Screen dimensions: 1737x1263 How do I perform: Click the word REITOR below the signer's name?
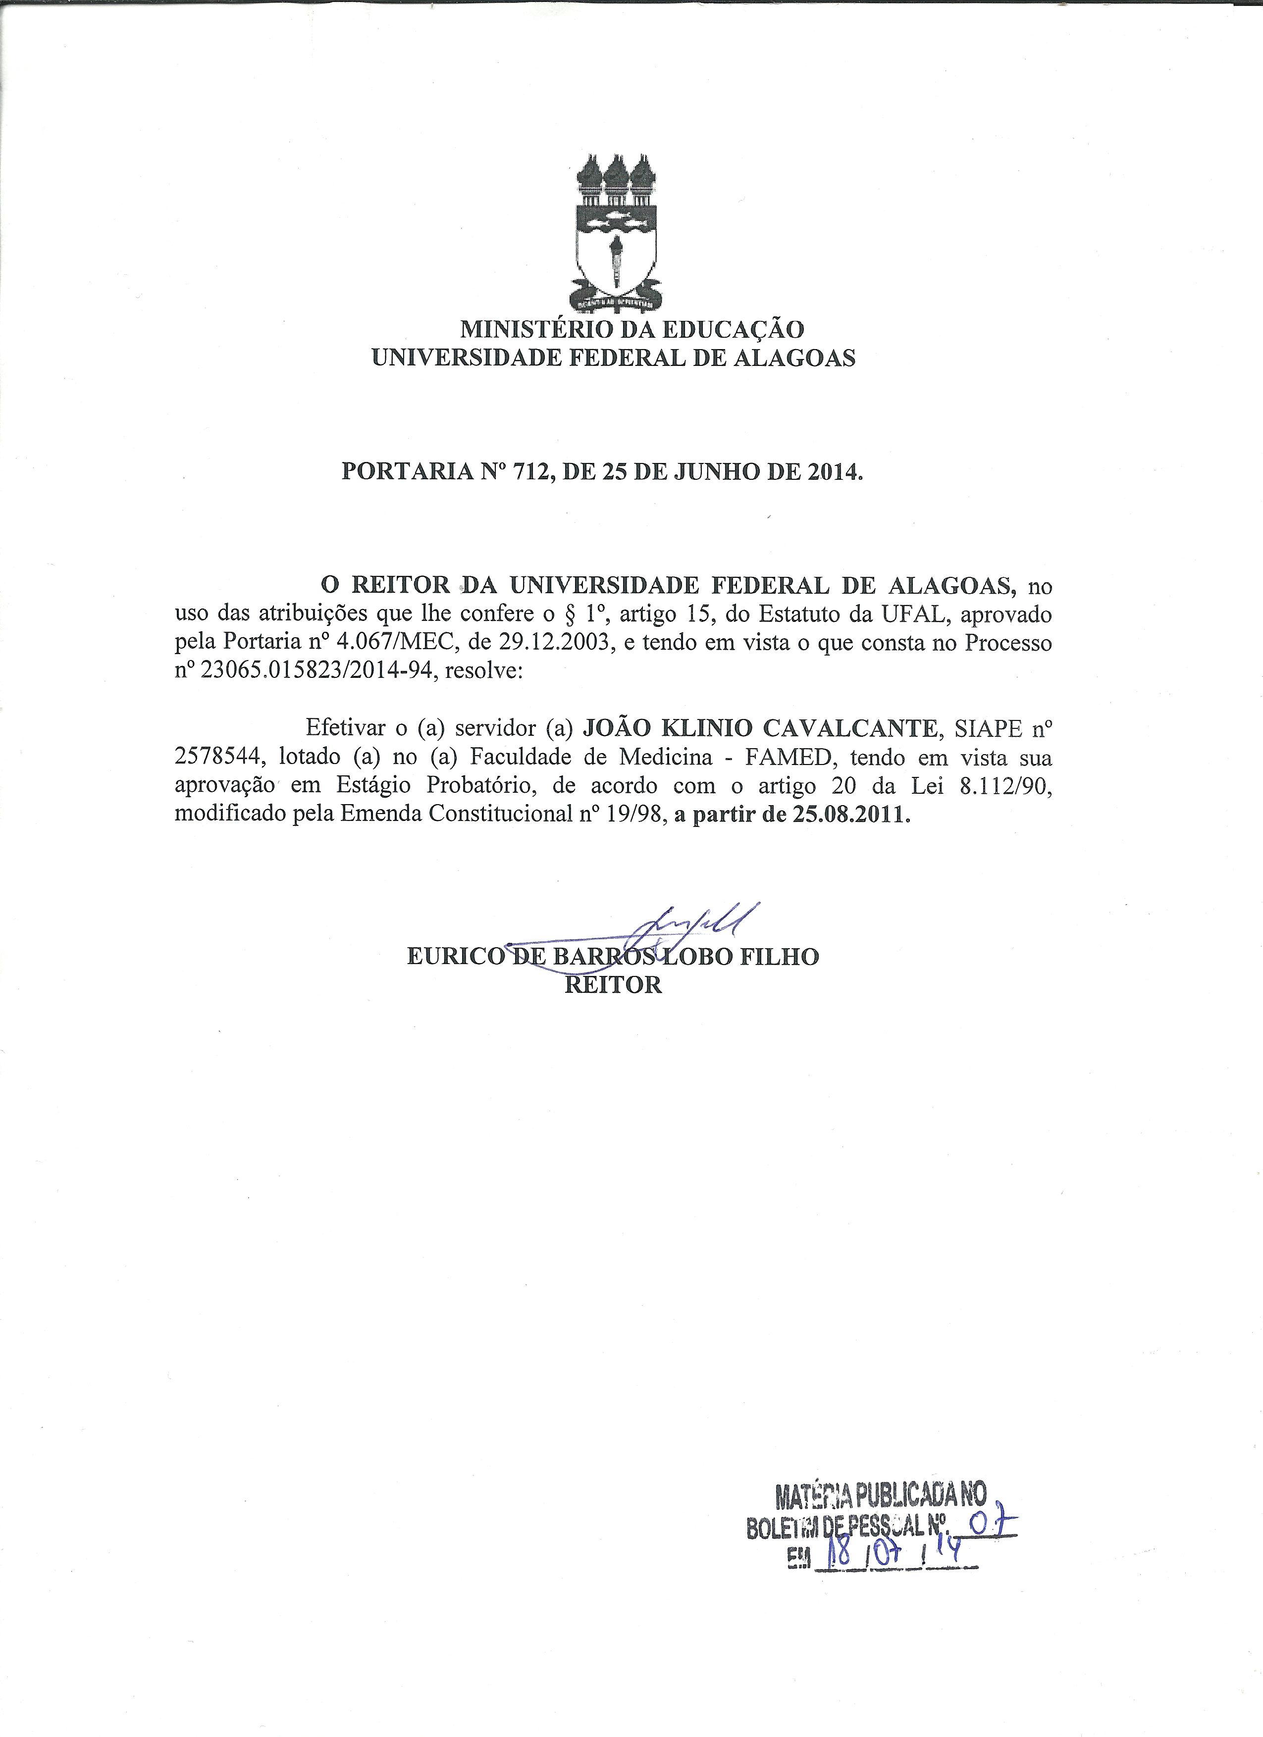613,985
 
